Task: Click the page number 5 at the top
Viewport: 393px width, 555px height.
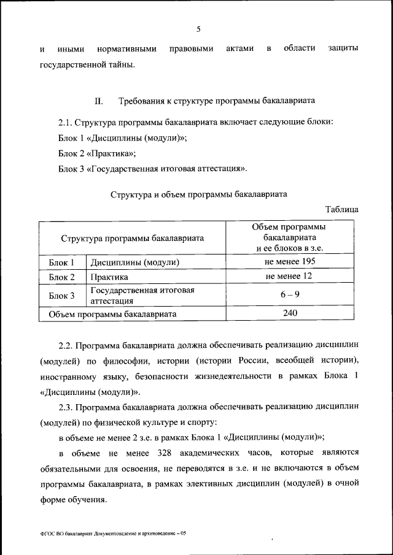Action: point(198,28)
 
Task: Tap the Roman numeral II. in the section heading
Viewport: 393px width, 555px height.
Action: point(98,101)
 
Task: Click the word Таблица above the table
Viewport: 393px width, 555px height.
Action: point(341,209)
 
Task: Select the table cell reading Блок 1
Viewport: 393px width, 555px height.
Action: point(61,262)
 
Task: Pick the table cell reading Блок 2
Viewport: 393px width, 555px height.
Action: point(61,277)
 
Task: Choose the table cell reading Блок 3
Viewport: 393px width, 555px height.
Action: point(61,296)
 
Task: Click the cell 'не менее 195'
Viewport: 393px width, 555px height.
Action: point(290,262)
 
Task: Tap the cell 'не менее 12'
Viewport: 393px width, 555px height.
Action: point(290,277)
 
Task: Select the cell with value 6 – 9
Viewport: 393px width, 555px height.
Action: point(290,295)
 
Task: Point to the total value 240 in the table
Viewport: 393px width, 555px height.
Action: point(290,313)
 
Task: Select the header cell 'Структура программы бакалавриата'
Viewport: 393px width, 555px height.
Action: point(132,238)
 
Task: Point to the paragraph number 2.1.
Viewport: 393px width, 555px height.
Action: point(67,123)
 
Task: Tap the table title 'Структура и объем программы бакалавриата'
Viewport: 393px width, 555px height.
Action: point(199,194)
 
